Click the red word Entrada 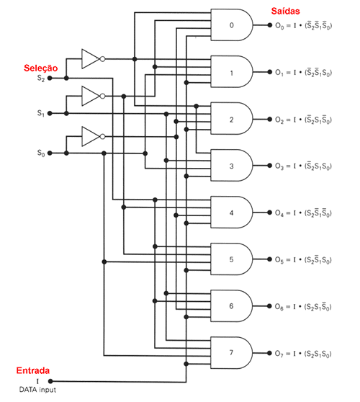32,371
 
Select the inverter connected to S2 91,59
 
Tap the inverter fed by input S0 91,135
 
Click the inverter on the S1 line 91,95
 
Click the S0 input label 41,153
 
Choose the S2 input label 41,77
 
